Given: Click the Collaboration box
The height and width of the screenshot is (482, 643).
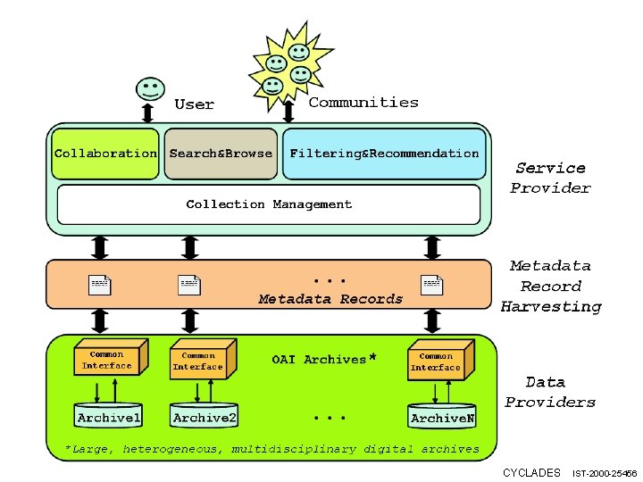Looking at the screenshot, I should click(x=105, y=154).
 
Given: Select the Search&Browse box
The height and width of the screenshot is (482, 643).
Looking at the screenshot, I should click(x=221, y=154).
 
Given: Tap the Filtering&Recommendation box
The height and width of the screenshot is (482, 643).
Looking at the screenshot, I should click(x=385, y=154).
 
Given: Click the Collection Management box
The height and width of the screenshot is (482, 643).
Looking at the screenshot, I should click(x=269, y=204).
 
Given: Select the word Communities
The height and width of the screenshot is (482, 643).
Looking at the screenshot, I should click(x=363, y=103).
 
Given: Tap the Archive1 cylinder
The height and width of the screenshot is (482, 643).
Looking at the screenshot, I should click(x=110, y=416).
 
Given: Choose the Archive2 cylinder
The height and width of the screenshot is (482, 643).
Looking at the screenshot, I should click(x=205, y=416).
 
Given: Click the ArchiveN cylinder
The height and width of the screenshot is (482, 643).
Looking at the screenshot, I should click(x=442, y=416).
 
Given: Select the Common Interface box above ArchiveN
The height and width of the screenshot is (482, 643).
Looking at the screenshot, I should click(x=437, y=361).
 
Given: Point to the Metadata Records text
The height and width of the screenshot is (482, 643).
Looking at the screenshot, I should click(x=330, y=299).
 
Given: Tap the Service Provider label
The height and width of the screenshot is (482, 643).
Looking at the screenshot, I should click(x=550, y=178).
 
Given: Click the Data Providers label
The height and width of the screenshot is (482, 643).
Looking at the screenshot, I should click(x=550, y=392).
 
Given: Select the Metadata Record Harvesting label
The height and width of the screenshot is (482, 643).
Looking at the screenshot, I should click(x=550, y=286).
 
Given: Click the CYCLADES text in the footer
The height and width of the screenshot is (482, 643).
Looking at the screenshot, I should click(x=531, y=472).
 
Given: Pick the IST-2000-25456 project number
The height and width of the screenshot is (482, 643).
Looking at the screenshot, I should click(x=605, y=473).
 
